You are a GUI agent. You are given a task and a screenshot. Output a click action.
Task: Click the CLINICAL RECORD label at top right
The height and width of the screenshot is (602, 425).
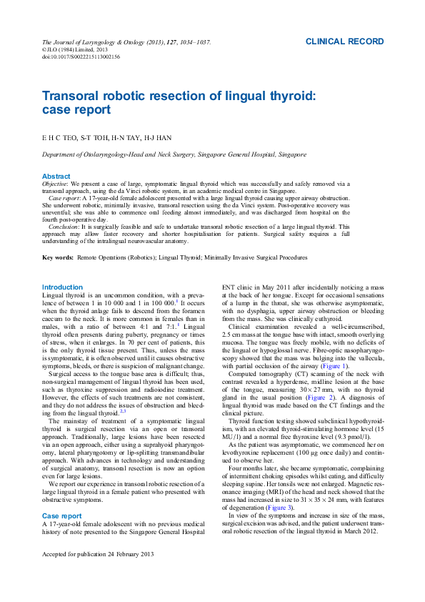[x=344, y=42]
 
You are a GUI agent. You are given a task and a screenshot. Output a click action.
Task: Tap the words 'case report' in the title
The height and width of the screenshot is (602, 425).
[x=76, y=110]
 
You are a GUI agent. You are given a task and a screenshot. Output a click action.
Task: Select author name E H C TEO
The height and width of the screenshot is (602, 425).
[x=59, y=137]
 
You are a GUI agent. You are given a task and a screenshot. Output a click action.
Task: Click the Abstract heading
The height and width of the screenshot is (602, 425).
[x=56, y=176]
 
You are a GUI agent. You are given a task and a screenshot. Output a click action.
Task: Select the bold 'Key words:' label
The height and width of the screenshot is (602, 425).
[x=58, y=257]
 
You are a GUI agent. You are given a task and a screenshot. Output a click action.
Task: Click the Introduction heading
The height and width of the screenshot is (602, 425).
[x=63, y=287]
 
